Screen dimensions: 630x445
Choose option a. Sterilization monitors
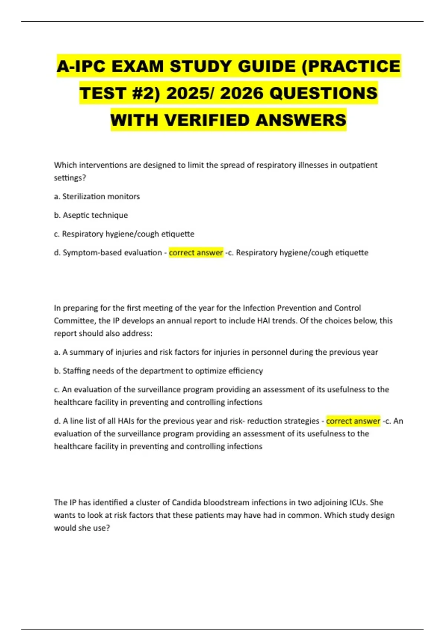click(97, 196)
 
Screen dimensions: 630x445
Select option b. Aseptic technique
click(91, 215)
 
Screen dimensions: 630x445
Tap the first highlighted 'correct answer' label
click(196, 253)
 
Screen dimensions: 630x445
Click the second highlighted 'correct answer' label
click(353, 421)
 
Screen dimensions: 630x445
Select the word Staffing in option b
click(76, 371)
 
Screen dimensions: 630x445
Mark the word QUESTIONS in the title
click(323, 93)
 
